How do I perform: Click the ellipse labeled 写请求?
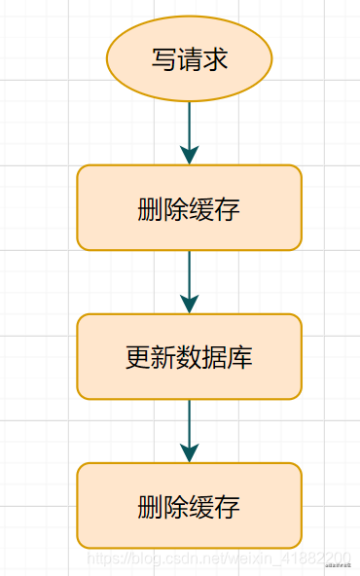pos(189,58)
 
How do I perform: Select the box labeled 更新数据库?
pos(189,357)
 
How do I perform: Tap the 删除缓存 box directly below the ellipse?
pos(189,208)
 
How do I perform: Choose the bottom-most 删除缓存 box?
pos(189,506)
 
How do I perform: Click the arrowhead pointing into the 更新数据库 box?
pos(189,303)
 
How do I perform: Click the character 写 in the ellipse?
pos(163,59)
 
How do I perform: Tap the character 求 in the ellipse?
pos(215,59)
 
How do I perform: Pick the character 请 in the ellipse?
pos(189,59)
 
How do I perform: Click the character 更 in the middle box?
pos(138,358)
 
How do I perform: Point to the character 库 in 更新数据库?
pos(240,358)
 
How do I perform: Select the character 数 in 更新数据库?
pos(189,358)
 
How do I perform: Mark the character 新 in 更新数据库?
pos(163,358)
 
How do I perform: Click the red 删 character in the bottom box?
pos(151,507)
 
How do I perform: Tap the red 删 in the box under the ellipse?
pos(151,209)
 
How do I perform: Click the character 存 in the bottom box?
pos(228,507)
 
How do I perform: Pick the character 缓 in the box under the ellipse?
pos(201,209)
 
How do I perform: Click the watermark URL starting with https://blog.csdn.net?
pos(219,558)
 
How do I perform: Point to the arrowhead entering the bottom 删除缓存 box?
pos(189,451)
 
